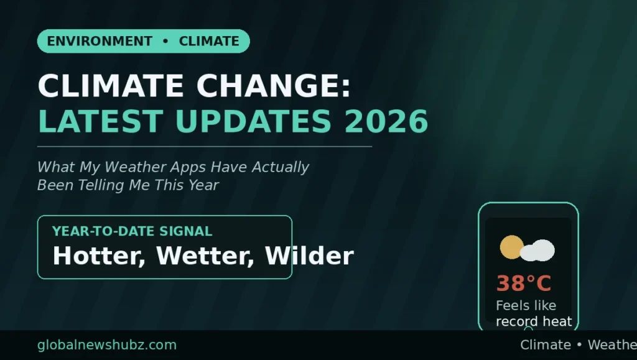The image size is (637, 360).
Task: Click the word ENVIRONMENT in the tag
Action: (x=100, y=41)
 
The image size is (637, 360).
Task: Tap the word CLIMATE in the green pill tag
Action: (x=209, y=41)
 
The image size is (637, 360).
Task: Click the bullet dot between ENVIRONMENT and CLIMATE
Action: (x=165, y=41)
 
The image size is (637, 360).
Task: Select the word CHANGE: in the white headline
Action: (x=274, y=86)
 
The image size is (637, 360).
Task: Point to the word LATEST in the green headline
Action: (x=101, y=121)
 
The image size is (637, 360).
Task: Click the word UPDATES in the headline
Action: (x=254, y=121)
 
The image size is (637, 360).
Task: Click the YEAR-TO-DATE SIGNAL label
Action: (x=132, y=231)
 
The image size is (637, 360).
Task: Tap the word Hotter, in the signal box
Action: (x=99, y=256)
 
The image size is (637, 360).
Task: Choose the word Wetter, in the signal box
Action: (x=205, y=256)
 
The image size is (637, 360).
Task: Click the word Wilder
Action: (x=309, y=256)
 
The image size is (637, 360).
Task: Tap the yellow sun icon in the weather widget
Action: (x=511, y=247)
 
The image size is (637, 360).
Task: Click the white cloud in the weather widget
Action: (x=537, y=251)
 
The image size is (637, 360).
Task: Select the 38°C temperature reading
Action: (x=524, y=283)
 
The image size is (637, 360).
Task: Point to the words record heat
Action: (x=534, y=321)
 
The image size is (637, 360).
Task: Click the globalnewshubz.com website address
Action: (x=107, y=345)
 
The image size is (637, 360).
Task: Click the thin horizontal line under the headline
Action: (x=205, y=147)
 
